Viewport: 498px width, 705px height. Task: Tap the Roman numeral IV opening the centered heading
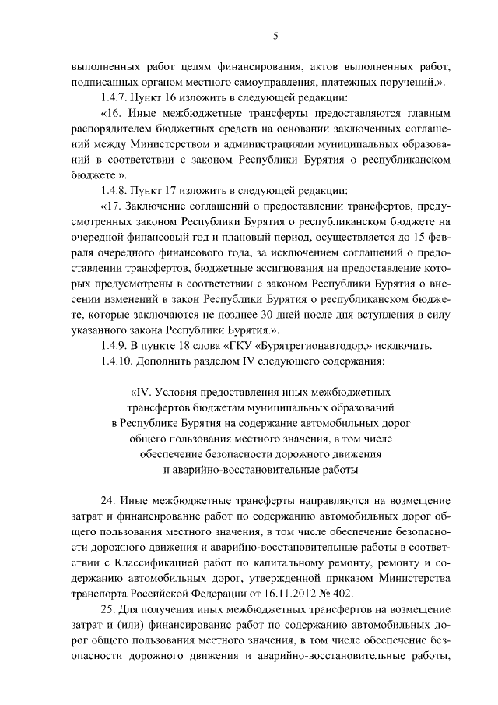coord(147,393)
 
